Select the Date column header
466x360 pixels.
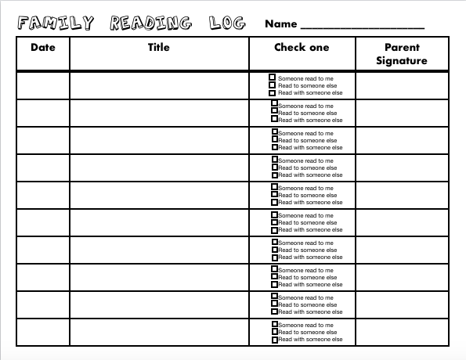(43, 48)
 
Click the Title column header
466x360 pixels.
(159, 48)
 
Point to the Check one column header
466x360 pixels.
(302, 48)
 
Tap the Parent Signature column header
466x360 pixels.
(401, 54)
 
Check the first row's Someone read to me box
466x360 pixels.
(273, 77)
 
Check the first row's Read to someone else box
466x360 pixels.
(273, 85)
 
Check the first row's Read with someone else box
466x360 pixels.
(273, 93)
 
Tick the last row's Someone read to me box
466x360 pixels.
(275, 324)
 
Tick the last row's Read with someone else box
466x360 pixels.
(275, 340)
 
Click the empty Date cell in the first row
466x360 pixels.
(43, 85)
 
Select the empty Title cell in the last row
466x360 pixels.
(159, 332)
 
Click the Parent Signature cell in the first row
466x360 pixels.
(403, 85)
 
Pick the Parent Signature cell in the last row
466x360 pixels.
(403, 332)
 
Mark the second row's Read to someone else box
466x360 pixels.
(275, 112)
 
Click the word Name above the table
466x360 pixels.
(280, 24)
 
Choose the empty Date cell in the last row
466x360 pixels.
(43, 332)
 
